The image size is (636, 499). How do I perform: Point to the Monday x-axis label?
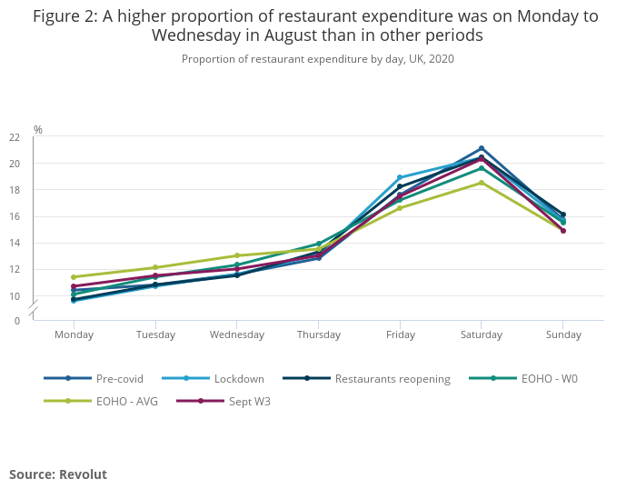click(74, 334)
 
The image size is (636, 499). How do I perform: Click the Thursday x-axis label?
click(318, 334)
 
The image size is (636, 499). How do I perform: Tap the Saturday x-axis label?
click(482, 334)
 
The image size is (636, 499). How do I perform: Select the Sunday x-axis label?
click(562, 334)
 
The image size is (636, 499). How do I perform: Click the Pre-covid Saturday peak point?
click(482, 148)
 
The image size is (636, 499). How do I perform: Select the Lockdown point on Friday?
click(400, 177)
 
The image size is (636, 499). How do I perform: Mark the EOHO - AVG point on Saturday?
click(482, 183)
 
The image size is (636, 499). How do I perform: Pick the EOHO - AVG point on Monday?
click(74, 277)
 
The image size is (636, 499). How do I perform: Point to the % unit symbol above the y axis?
click(38, 130)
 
